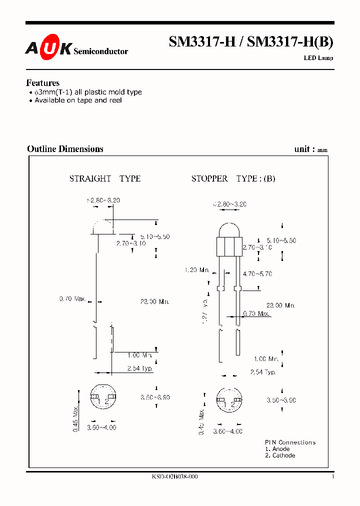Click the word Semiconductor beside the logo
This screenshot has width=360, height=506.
pos(100,51)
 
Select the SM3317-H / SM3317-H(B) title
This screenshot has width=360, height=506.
pos(250,42)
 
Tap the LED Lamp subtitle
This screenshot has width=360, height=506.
pos(318,58)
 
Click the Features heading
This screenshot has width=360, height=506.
pos(42,83)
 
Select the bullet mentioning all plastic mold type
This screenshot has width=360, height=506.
pos(85,92)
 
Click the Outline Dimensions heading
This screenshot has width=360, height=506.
pos(65,149)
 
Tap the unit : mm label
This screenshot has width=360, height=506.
pos(311,149)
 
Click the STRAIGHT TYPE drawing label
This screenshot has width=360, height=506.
pos(105,178)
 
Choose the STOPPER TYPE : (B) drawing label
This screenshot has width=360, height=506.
pos(233,178)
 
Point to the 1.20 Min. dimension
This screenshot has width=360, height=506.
pos(196,270)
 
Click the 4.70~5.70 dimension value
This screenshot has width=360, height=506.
pos(257,274)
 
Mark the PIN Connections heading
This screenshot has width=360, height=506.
pos(290,442)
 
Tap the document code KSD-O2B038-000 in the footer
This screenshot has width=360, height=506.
pos(174,477)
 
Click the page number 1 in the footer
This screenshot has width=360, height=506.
pos(332,477)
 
